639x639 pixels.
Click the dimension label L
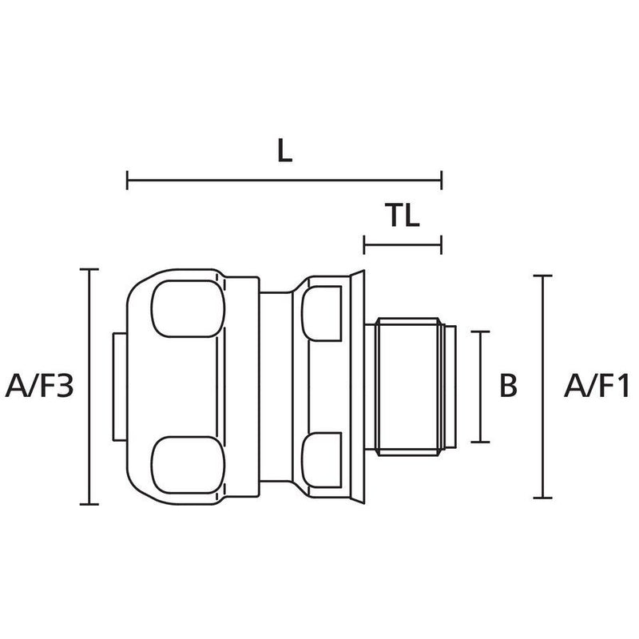click(284, 151)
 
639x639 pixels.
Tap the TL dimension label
click(403, 215)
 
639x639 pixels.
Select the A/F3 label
click(39, 386)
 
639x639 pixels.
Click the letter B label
click(508, 386)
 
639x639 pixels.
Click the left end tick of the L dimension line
click(128, 181)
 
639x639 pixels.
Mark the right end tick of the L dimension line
click(442, 181)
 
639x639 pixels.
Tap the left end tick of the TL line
click(364, 245)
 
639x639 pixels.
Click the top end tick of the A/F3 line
click(89, 269)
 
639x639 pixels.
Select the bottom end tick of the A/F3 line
click(89, 504)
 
